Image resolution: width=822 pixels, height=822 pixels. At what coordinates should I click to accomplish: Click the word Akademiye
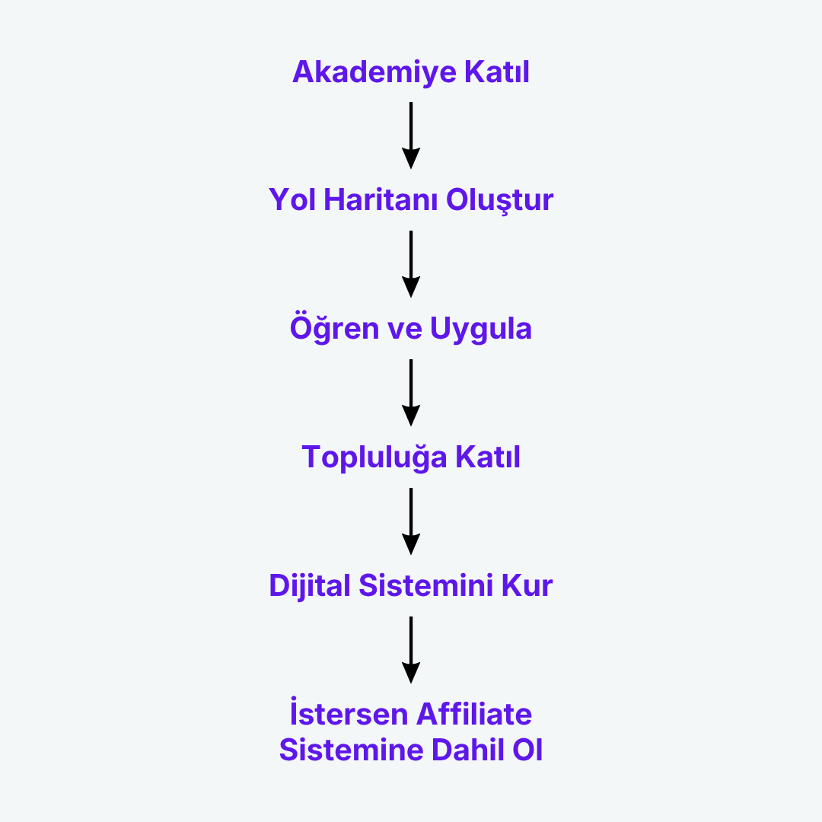(374, 72)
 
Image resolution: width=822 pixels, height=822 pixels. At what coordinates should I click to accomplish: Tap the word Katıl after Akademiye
(497, 72)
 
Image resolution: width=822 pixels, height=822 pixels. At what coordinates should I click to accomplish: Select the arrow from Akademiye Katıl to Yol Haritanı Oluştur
(411, 135)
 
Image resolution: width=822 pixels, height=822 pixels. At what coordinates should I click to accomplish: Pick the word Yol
(292, 199)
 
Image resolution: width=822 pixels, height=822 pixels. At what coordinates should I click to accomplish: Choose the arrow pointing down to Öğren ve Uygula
(411, 263)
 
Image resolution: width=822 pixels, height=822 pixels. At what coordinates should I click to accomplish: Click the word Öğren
(334, 328)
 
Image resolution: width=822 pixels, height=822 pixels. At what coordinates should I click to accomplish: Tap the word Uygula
(481, 330)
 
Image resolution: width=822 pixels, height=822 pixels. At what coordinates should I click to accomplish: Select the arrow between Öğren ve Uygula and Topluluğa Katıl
(411, 393)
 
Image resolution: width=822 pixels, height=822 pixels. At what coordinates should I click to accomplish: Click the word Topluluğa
(374, 457)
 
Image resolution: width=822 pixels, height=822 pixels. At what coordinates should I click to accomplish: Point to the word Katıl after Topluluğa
(488, 457)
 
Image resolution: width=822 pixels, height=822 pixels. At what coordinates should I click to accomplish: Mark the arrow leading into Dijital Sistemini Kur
(411, 521)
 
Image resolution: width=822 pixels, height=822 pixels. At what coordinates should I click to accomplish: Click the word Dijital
(309, 586)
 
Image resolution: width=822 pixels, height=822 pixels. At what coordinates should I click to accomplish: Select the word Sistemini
(426, 585)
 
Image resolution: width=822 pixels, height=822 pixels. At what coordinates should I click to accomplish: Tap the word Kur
(527, 585)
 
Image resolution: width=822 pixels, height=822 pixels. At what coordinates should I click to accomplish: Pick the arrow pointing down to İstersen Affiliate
(411, 650)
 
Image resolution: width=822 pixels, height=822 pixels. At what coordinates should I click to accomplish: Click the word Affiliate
(474, 714)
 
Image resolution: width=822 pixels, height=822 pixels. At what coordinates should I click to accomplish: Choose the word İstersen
(349, 712)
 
